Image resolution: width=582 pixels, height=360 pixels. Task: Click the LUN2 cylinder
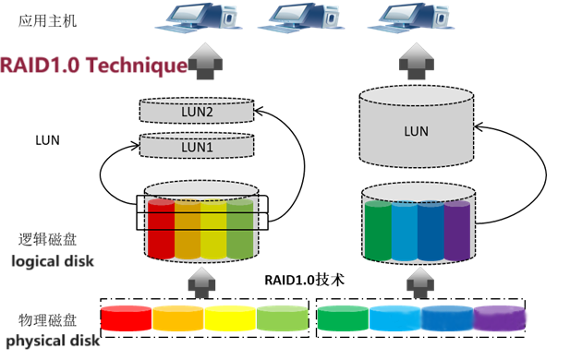[197, 111]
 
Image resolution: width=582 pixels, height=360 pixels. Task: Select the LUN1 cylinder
[197, 145]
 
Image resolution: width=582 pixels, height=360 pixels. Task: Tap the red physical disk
[127, 318]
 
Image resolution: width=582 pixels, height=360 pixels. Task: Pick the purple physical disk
[500, 318]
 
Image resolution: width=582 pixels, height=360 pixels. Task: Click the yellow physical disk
[230, 318]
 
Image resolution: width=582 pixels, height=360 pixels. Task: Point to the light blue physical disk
[395, 318]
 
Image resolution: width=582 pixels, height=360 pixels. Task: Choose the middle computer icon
[301, 18]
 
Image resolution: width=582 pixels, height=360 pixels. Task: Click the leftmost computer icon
[199, 18]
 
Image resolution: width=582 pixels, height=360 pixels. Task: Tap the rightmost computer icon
[411, 18]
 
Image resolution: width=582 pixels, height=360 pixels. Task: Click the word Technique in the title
[138, 66]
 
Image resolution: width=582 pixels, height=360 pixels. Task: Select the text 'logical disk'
[53, 261]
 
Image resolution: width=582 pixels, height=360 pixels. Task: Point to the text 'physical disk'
[53, 341]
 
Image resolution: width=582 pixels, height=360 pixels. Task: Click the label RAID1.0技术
[304, 280]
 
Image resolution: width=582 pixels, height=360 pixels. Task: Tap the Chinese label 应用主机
[47, 20]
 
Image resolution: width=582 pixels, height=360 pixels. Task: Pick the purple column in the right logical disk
[457, 231]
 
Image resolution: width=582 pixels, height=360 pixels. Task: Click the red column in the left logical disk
[161, 229]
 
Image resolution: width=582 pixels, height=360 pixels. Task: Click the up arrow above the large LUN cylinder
[417, 61]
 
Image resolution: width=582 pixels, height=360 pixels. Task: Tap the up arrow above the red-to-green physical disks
[201, 283]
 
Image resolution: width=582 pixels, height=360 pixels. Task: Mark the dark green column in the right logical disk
[378, 231]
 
